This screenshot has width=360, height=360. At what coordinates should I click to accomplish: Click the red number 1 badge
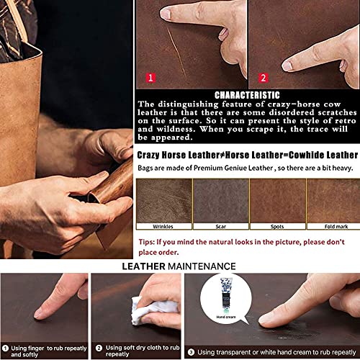click(x=150, y=78)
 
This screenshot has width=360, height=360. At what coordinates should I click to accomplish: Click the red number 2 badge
click(x=264, y=78)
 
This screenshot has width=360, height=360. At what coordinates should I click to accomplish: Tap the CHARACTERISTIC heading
click(x=247, y=95)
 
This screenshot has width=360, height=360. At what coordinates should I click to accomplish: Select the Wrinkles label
click(x=163, y=226)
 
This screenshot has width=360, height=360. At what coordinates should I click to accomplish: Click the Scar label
click(x=221, y=226)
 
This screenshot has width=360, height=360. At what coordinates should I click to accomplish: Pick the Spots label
click(x=277, y=226)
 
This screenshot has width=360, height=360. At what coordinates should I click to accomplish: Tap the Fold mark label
click(x=336, y=226)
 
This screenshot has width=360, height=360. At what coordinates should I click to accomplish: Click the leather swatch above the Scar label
click(x=221, y=201)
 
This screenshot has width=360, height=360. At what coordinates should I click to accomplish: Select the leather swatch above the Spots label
click(x=278, y=201)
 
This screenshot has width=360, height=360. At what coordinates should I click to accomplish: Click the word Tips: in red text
click(x=146, y=242)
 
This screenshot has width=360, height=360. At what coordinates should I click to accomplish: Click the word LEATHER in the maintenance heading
click(x=143, y=266)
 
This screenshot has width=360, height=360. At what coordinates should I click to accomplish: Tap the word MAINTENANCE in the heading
click(x=202, y=266)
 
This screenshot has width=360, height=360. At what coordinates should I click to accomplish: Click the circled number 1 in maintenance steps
click(x=5, y=348)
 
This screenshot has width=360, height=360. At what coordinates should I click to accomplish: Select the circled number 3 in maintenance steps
click(x=191, y=352)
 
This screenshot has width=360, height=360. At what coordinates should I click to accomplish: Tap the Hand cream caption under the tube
click(x=226, y=317)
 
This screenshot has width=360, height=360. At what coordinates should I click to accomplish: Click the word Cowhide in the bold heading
click(x=305, y=156)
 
